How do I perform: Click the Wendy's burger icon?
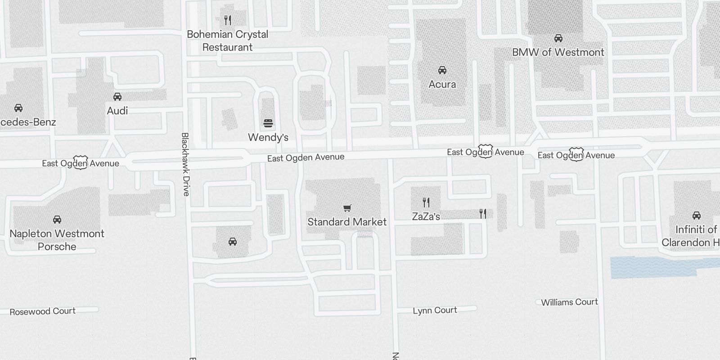[268, 123]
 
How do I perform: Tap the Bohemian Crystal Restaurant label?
[228, 40]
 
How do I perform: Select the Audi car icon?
[117, 97]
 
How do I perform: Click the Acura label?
[442, 84]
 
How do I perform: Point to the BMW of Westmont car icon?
[558, 38]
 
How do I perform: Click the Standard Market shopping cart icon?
[347, 208]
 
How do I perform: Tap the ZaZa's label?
[426, 216]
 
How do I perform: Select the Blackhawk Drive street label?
[185, 164]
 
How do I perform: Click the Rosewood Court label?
[43, 311]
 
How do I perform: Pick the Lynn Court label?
[435, 310]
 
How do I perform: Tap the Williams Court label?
[569, 302]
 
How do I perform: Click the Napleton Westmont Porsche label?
[57, 240]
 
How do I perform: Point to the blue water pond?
[652, 267]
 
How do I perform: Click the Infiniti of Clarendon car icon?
[697, 216]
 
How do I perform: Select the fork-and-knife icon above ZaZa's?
[426, 202]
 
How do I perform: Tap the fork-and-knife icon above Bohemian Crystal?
[228, 20]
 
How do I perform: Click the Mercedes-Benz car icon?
[18, 108]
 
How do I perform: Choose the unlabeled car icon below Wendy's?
[233, 242]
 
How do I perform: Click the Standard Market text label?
[347, 222]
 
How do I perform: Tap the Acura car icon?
[442, 70]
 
